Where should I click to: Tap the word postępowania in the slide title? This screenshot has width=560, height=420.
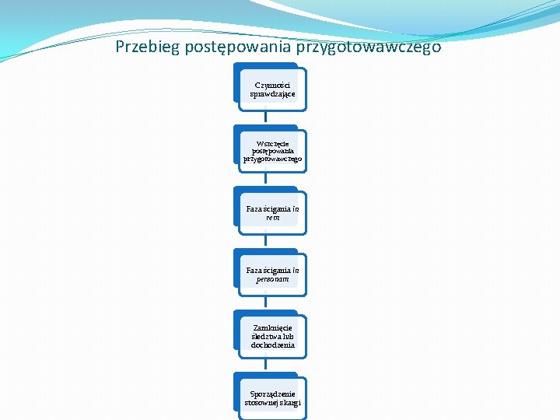pyautogui.click(x=236, y=47)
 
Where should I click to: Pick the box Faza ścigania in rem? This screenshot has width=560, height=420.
pyautogui.click(x=272, y=213)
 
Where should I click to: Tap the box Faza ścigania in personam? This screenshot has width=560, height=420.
pyautogui.click(x=272, y=274)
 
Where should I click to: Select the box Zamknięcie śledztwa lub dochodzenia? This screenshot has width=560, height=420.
pyautogui.click(x=272, y=337)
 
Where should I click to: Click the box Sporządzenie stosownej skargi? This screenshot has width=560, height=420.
pyautogui.click(x=272, y=397)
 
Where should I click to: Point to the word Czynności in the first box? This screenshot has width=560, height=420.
pyautogui.click(x=272, y=85)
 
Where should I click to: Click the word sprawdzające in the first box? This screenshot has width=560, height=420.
pyautogui.click(x=272, y=94)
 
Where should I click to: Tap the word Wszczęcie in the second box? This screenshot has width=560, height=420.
pyautogui.click(x=272, y=143)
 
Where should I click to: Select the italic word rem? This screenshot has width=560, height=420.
pyautogui.click(x=272, y=218)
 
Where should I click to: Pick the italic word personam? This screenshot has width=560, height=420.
pyautogui.click(x=272, y=278)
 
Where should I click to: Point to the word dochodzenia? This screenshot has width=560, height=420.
pyautogui.click(x=272, y=345)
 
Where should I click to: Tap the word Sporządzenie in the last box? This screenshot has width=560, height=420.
pyautogui.click(x=272, y=394)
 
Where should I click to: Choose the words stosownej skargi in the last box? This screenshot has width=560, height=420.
pyautogui.click(x=272, y=402)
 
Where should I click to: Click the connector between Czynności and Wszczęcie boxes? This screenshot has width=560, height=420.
pyautogui.click(x=265, y=115)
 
